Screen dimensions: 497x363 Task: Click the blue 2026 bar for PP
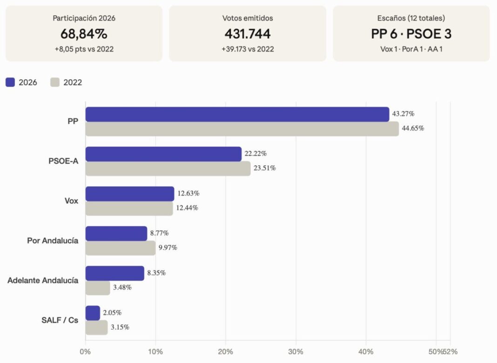237,114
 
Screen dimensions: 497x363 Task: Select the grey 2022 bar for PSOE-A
168,168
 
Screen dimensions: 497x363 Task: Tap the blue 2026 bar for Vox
130,194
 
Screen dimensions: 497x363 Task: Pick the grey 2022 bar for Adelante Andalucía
98,288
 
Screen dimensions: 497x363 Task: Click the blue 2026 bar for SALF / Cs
93,313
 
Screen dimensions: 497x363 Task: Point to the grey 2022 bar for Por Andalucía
121,248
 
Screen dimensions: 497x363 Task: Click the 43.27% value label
403,114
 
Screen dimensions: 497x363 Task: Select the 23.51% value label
265,168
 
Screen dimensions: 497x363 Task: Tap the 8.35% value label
156,273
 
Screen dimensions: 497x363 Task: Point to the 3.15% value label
120,327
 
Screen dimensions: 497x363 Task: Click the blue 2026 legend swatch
10,82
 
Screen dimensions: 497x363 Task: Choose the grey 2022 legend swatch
55,82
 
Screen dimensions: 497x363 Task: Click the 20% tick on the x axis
226,351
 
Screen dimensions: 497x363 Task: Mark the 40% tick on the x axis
366,351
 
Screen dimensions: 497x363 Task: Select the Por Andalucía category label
53,241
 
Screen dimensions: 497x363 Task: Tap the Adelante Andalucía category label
43,281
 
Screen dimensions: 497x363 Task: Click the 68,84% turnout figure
84,34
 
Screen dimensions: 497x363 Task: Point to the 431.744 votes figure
248,34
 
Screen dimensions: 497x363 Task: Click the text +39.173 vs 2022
248,49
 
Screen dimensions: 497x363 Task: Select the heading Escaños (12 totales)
411,18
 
